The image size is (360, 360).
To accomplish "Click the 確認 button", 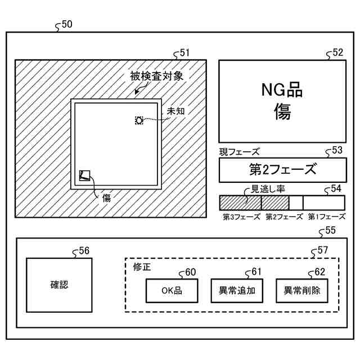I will click(59, 285).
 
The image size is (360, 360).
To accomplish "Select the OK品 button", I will click(172, 291).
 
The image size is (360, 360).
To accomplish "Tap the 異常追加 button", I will click(237, 291).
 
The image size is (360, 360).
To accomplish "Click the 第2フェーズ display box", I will click(282, 169).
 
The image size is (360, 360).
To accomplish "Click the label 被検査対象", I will click(156, 76).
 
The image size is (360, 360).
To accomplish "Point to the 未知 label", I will click(175, 111).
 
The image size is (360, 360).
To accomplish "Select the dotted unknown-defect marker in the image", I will click(139, 120).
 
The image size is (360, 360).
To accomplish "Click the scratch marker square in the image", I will click(85, 175).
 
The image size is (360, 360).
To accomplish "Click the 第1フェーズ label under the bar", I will click(326, 217).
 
